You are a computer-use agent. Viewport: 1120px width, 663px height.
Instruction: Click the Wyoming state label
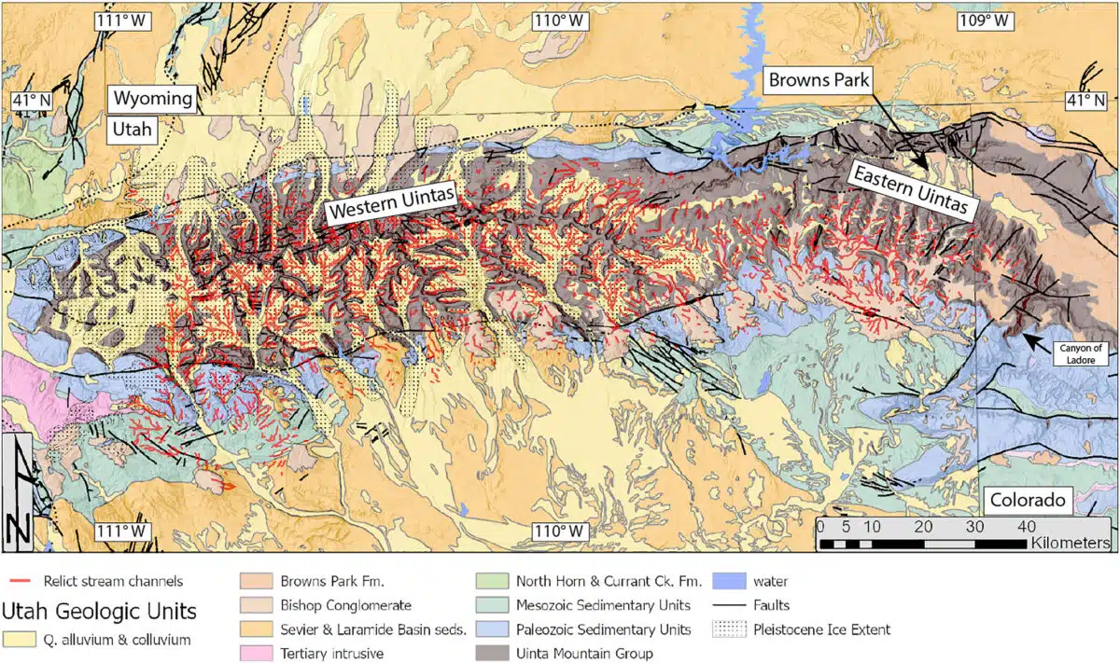tap(153, 98)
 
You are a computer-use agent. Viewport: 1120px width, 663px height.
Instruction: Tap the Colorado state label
tap(1028, 501)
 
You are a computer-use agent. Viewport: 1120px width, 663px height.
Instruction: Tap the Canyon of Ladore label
tap(1083, 352)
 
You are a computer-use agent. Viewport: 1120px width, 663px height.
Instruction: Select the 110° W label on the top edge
tap(559, 21)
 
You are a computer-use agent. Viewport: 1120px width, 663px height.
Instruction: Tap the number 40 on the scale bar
tap(1026, 525)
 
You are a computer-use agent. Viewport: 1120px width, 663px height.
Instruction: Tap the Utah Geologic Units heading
tap(101, 612)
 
